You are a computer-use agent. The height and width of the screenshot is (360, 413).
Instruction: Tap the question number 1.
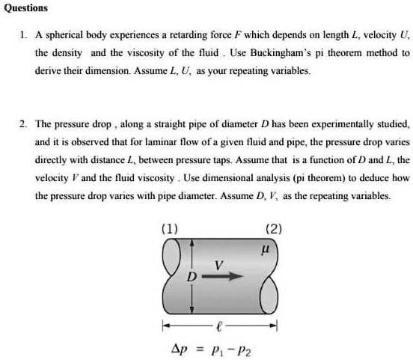(x=23, y=34)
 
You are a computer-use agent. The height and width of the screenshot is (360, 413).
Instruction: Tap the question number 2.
(x=23, y=123)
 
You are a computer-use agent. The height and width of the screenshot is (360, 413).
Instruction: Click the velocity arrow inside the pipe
(x=225, y=276)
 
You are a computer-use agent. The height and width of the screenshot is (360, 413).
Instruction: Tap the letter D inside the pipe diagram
(x=191, y=277)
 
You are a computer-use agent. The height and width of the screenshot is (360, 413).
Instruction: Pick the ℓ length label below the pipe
(x=217, y=325)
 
